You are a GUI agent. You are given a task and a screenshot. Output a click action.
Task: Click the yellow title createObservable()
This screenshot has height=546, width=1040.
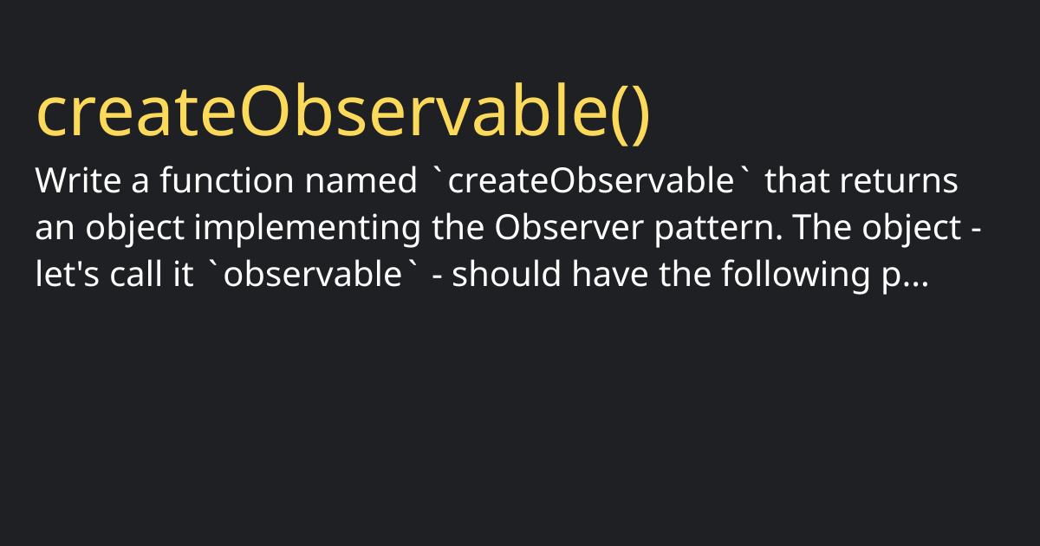pyautogui.click(x=343, y=113)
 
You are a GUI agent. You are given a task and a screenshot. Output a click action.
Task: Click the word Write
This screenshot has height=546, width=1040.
pyautogui.click(x=78, y=180)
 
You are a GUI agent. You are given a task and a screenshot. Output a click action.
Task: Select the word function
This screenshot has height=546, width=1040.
pyautogui.click(x=227, y=180)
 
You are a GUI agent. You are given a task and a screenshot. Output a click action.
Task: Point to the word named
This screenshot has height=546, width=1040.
pyautogui.click(x=361, y=180)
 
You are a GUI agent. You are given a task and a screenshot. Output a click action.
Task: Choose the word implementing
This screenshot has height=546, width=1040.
pyautogui.click(x=307, y=229)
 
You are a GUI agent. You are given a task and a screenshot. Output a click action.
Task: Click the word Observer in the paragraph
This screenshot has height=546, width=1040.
pyautogui.click(x=569, y=227)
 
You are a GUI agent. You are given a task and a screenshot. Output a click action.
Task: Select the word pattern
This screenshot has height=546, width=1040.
pyautogui.click(x=718, y=229)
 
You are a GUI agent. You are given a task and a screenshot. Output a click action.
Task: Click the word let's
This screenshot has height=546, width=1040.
pyautogui.click(x=68, y=274)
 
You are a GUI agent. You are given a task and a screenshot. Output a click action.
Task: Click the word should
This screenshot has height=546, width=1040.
pyautogui.click(x=506, y=274)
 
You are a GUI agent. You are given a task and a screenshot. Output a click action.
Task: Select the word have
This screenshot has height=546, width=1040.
pyautogui.click(x=610, y=274)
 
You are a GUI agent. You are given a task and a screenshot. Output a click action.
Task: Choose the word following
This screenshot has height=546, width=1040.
pyautogui.click(x=796, y=276)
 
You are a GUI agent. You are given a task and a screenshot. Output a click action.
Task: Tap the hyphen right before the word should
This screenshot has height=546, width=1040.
pyautogui.click(x=437, y=276)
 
